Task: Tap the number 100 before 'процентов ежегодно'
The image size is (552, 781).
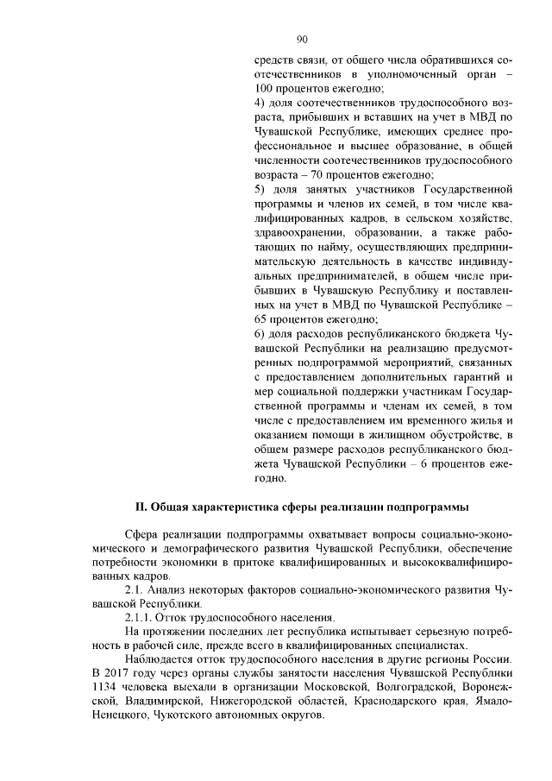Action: point(266,89)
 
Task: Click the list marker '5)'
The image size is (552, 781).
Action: point(262,188)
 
